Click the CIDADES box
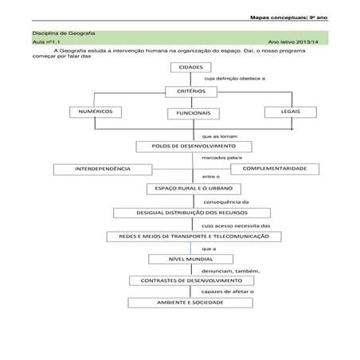point(191,68)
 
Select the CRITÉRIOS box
point(191,92)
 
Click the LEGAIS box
point(290,112)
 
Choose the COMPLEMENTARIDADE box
point(274,169)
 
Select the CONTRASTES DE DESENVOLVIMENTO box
point(191,281)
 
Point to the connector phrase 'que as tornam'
point(220,135)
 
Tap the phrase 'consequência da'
point(226,202)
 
